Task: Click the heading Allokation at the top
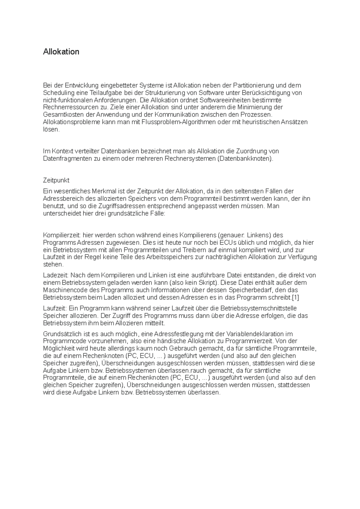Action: click(x=61, y=52)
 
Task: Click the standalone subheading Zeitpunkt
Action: click(x=56, y=180)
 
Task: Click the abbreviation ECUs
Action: click(x=228, y=243)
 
